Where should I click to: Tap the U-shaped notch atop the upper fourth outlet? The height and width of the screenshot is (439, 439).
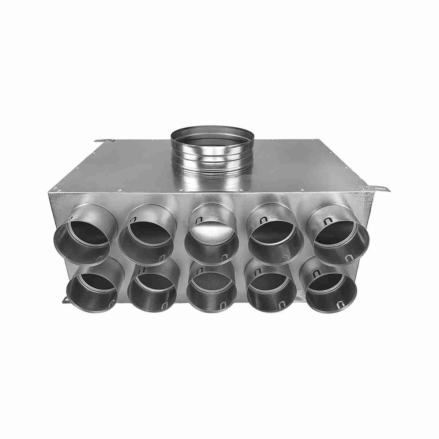click(263, 221)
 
